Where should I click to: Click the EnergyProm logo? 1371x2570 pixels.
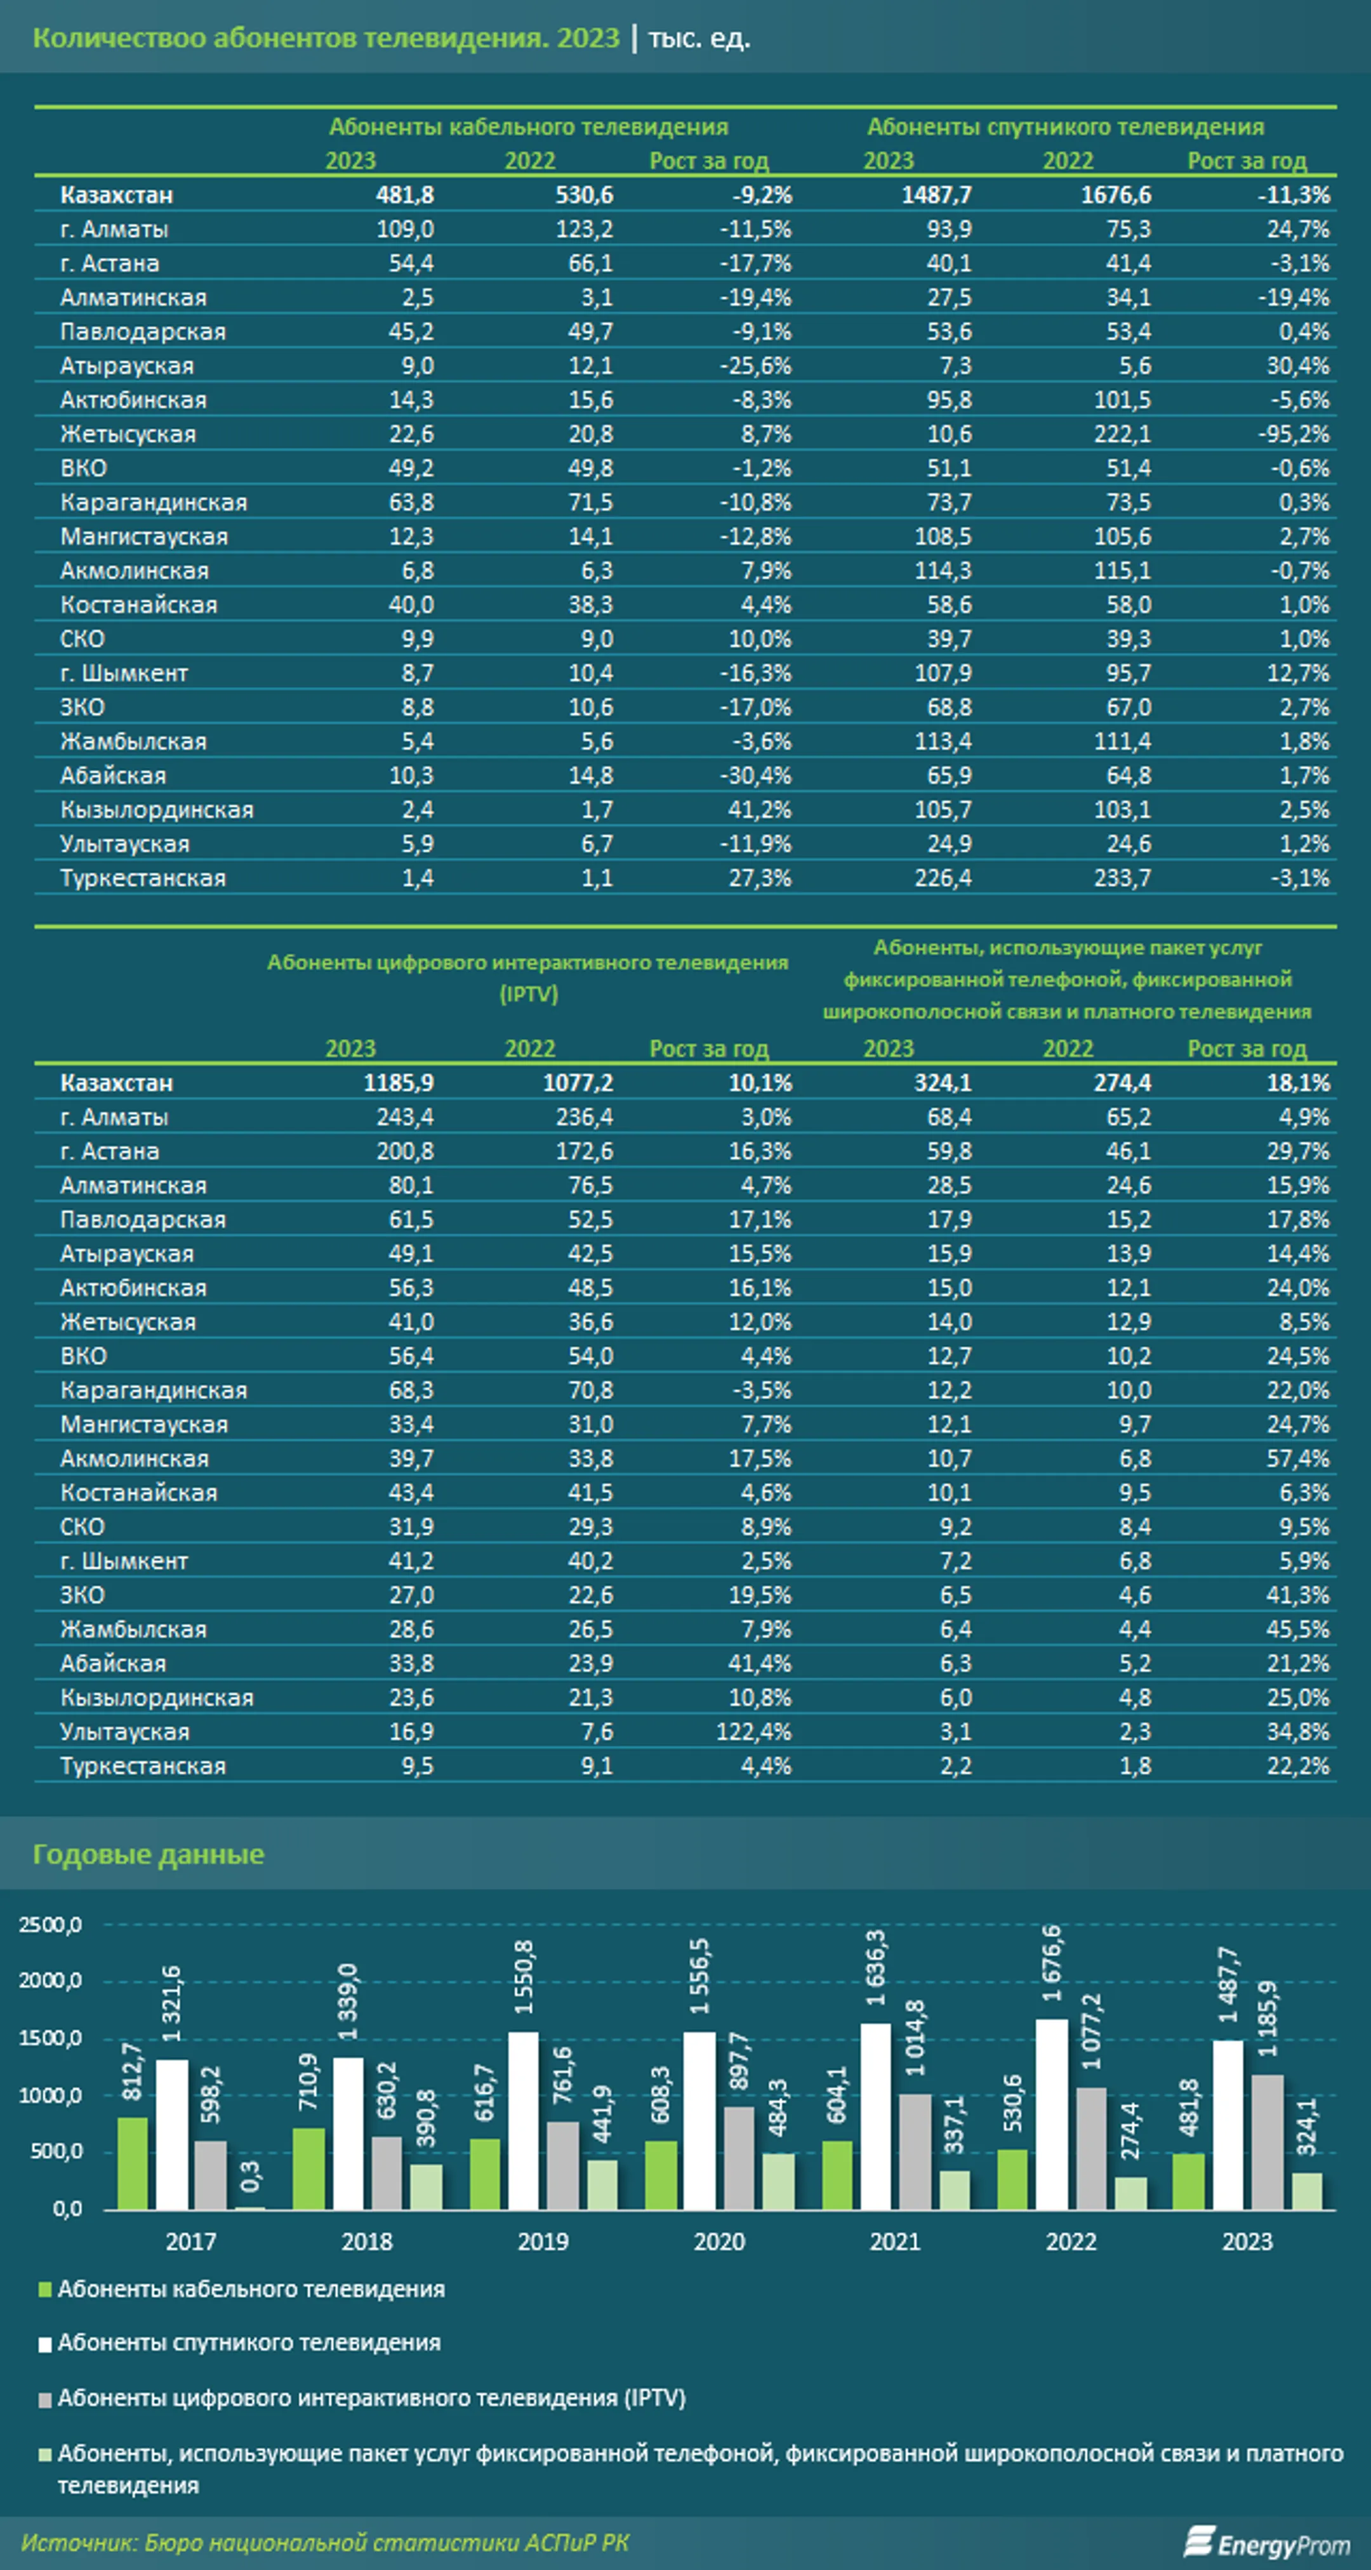coord(1268,2543)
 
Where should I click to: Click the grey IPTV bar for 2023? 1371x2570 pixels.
coord(1268,2142)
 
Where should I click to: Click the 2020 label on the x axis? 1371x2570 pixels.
coord(719,2242)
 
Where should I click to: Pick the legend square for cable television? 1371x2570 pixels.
coord(45,2290)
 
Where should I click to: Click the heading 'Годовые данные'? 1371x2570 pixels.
coord(149,1854)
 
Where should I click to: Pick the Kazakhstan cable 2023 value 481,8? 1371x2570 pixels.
coord(404,195)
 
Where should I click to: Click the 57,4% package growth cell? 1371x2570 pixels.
coord(1298,1459)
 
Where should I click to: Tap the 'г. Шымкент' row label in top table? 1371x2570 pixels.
coord(124,674)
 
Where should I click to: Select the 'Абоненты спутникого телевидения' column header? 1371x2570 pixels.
coord(1066,127)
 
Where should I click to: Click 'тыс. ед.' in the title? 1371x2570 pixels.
coord(699,39)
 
